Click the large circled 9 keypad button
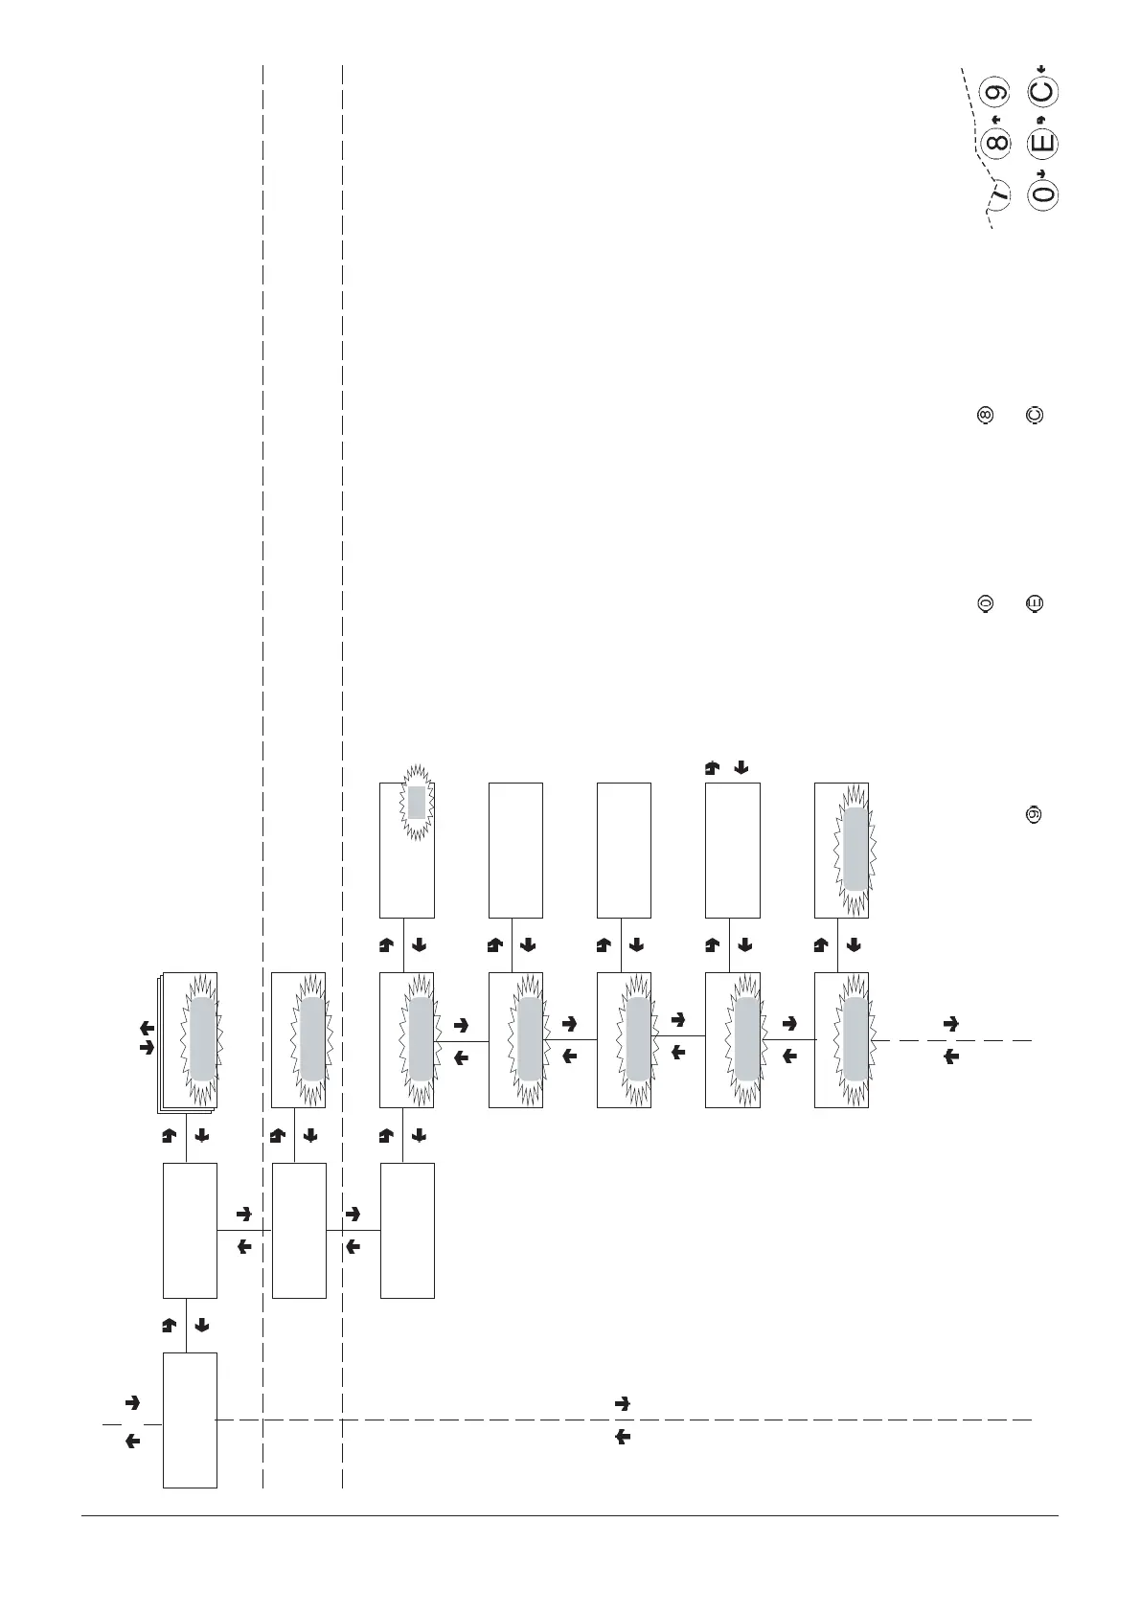(x=997, y=93)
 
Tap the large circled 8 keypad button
(x=997, y=144)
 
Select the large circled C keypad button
(x=1042, y=92)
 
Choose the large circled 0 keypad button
(x=1043, y=193)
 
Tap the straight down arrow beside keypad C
(x=1041, y=67)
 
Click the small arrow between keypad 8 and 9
(x=996, y=119)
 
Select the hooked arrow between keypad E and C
(x=1040, y=119)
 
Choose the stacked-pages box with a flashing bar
(x=190, y=1042)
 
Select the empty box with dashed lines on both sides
(x=299, y=1230)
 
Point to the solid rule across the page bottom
(x=570, y=1515)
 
